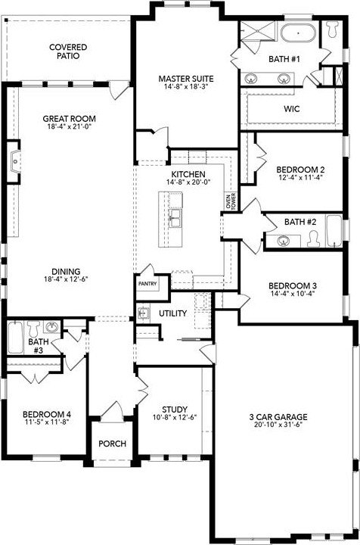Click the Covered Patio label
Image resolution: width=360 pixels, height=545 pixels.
[68, 51]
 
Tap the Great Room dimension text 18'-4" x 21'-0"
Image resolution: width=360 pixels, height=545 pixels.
[69, 127]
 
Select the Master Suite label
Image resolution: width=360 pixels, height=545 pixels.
[186, 79]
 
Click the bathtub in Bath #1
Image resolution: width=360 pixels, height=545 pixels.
[298, 33]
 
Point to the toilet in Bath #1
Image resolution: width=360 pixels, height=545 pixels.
[333, 30]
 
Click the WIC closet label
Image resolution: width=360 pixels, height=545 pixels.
[292, 109]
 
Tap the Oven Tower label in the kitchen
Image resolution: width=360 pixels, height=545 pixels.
[231, 201]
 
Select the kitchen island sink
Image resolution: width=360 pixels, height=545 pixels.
[175, 218]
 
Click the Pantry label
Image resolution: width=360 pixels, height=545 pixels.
[147, 284]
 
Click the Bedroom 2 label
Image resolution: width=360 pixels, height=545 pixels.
[300, 170]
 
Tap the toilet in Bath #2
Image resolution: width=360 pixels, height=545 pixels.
[313, 238]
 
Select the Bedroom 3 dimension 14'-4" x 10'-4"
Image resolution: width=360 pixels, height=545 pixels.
[292, 294]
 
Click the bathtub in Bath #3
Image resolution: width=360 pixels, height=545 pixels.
[15, 338]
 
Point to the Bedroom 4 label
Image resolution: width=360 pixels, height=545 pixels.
[47, 414]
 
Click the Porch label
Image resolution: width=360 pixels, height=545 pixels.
[112, 444]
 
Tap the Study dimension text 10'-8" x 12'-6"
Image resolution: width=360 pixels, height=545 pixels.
[175, 417]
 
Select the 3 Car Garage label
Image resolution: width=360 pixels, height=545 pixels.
[278, 417]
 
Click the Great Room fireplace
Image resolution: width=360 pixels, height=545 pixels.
[14, 161]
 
